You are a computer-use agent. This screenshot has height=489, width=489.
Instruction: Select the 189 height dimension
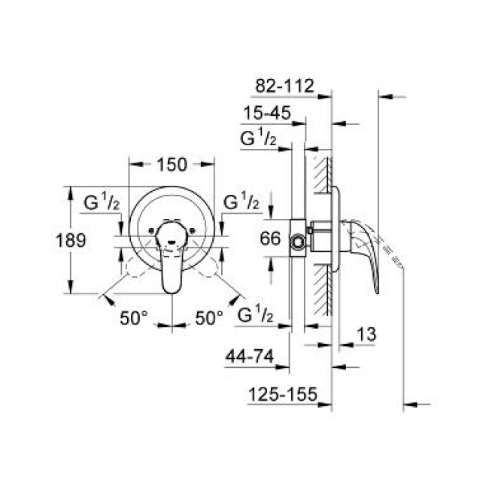(x=72, y=241)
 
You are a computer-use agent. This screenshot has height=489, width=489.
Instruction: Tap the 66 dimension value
(x=270, y=239)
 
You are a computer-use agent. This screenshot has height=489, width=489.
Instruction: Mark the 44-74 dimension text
(x=249, y=357)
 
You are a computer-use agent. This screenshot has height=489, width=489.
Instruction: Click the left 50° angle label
(x=134, y=318)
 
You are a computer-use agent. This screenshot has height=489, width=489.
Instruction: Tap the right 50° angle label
(x=210, y=318)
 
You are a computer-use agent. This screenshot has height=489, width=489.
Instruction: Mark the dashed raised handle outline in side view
(x=393, y=252)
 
